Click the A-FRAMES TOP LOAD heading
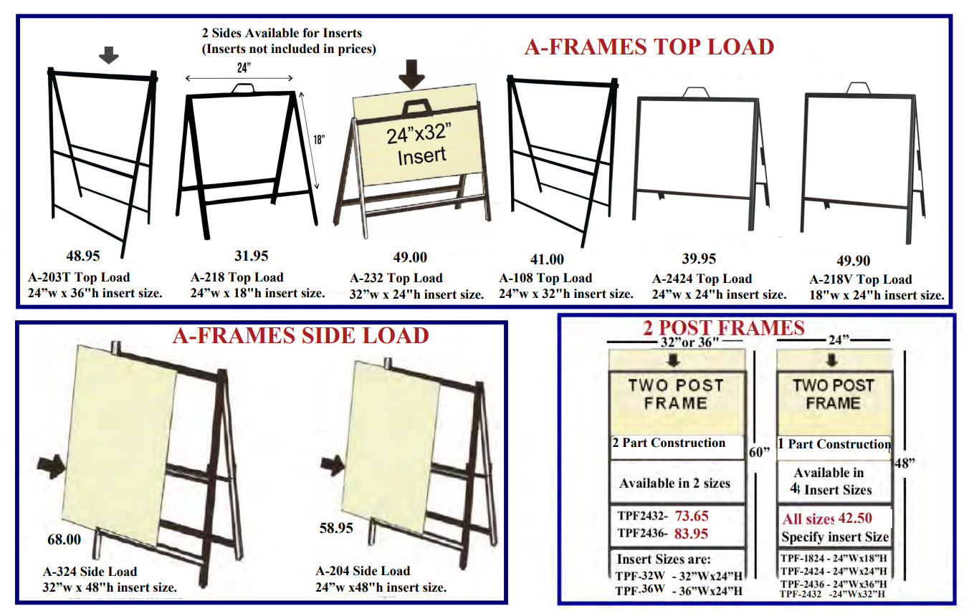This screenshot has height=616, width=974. tap(649, 47)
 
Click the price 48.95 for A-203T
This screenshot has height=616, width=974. tap(84, 256)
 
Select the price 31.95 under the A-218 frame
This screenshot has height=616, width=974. tap(251, 256)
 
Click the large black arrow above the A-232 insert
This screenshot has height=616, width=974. tap(411, 74)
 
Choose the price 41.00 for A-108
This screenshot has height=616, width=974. tap(546, 259)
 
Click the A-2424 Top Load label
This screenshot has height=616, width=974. tap(702, 279)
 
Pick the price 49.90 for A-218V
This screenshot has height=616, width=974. tap(853, 261)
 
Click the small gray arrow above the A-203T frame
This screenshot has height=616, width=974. tap(108, 55)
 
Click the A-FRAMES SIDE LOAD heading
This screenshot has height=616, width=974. tap(300, 335)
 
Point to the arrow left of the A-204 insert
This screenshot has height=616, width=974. tap(332, 464)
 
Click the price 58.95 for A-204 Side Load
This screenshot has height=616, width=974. tap(336, 528)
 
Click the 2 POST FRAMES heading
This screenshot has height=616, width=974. tap(723, 328)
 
